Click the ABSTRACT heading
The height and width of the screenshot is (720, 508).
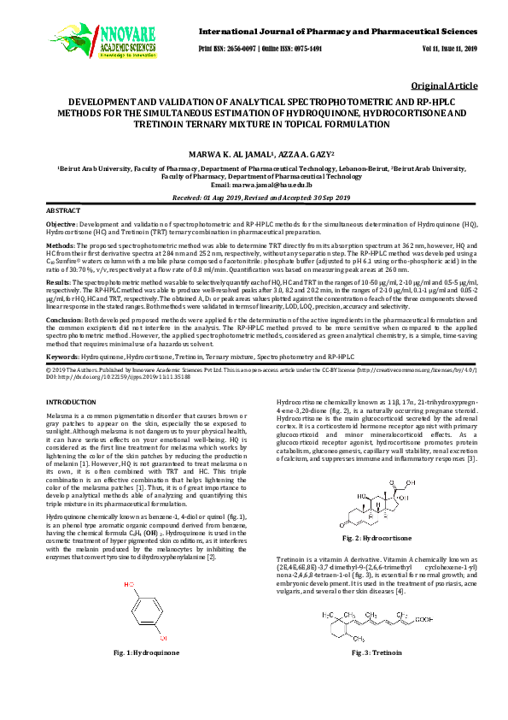tap(62, 210)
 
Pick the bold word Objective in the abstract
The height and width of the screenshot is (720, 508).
tap(61, 222)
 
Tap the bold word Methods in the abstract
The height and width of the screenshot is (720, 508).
tap(60, 244)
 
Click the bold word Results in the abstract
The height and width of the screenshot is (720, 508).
tap(58, 280)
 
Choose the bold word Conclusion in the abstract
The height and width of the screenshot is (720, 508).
tap(64, 317)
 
